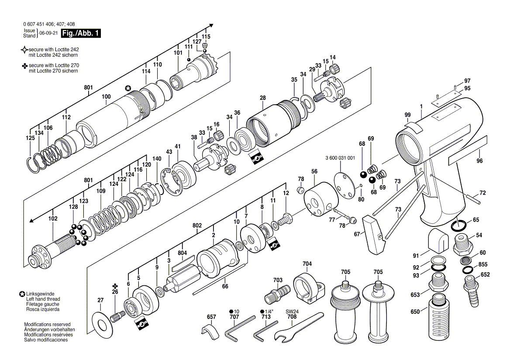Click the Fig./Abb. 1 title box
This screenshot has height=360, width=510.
click(x=81, y=33)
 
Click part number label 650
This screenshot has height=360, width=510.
click(x=415, y=312)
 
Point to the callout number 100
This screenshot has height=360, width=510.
click(x=106, y=96)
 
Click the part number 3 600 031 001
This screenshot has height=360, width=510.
click(x=340, y=158)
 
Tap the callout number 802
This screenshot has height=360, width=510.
click(x=197, y=226)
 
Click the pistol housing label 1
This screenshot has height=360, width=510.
click(x=421, y=106)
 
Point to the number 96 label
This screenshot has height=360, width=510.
click(x=479, y=161)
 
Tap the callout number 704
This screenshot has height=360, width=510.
click(x=307, y=264)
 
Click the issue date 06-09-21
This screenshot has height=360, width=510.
click(x=49, y=33)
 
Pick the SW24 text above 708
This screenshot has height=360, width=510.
click(x=292, y=311)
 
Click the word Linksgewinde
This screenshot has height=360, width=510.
click(x=40, y=294)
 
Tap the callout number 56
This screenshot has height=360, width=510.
click(x=314, y=171)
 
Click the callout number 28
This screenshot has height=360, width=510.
click(x=263, y=97)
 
